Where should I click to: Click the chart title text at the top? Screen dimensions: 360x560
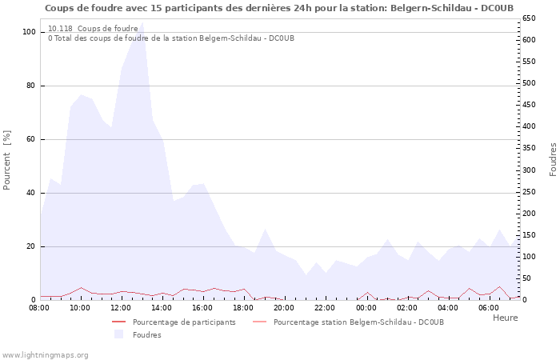[279, 8]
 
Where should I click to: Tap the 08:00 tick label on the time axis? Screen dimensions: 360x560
[39, 308]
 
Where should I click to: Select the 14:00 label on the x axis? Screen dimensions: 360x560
[162, 308]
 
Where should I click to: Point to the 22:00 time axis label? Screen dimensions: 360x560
[325, 308]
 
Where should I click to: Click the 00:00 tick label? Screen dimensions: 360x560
[366, 308]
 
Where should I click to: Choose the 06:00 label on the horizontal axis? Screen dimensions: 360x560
[488, 308]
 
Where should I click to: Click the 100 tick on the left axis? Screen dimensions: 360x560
[30, 32]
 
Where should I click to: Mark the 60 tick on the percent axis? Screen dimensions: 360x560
[32, 139]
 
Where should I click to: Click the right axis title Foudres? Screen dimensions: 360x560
[553, 159]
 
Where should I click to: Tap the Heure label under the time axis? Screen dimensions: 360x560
[505, 318]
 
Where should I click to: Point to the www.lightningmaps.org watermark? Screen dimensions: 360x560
[45, 354]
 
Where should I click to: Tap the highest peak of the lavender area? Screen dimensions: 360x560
[142, 24]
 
